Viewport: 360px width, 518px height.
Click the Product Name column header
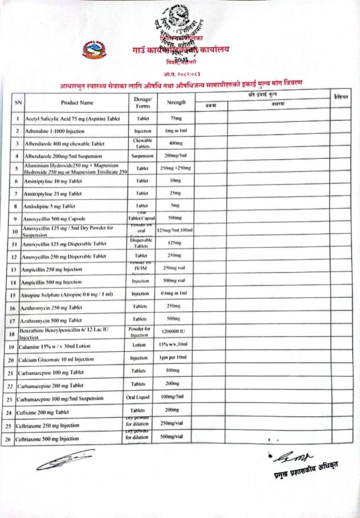(x=77, y=103)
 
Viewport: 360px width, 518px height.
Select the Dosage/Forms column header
(x=143, y=102)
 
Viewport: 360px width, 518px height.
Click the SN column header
(x=18, y=103)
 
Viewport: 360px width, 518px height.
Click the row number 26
(x=9, y=439)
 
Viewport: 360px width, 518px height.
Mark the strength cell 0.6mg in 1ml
(x=175, y=294)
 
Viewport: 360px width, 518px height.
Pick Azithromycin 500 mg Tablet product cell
(x=54, y=321)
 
